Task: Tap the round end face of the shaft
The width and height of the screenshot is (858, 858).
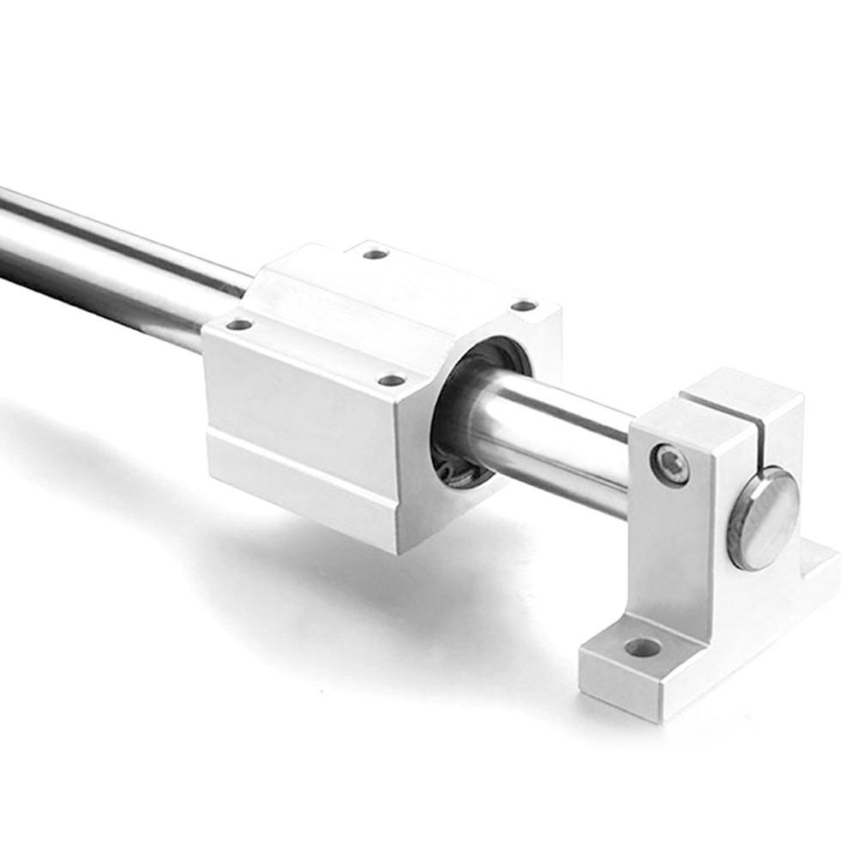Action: click(x=763, y=519)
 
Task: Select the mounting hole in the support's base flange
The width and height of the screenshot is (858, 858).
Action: click(x=642, y=647)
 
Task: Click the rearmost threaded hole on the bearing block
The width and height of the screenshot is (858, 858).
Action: click(x=375, y=254)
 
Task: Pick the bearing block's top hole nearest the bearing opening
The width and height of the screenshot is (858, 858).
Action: click(x=391, y=380)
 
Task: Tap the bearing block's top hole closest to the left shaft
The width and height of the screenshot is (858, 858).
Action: click(x=239, y=325)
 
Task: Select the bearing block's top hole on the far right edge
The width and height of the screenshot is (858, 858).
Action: click(x=523, y=306)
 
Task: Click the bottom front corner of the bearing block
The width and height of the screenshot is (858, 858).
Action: click(x=397, y=549)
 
